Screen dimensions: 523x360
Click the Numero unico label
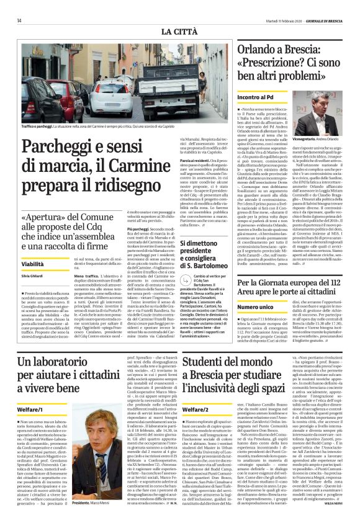[x=255, y=307]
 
